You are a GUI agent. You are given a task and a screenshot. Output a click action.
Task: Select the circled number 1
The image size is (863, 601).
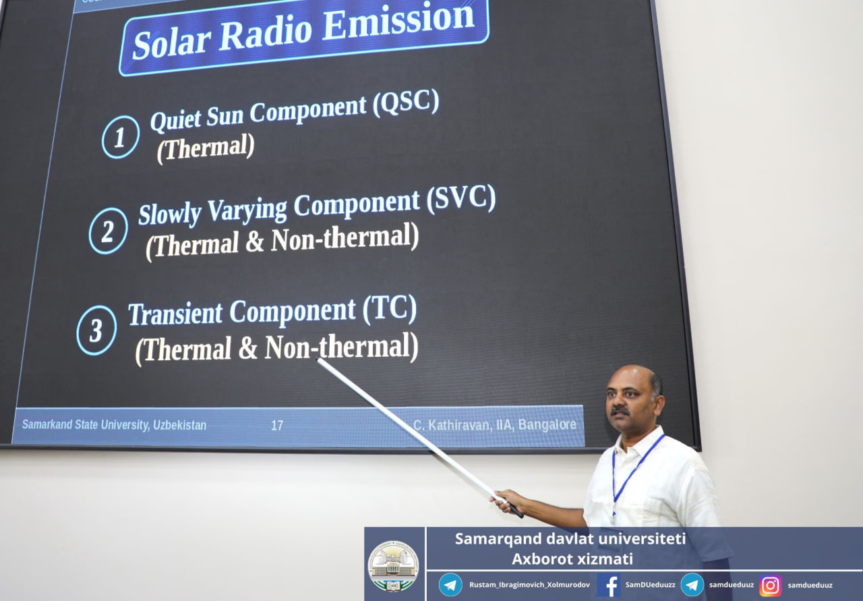(121, 137)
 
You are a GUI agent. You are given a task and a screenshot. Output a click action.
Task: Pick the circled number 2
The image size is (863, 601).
(109, 231)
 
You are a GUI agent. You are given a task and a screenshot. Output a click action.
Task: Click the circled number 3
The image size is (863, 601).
(96, 331)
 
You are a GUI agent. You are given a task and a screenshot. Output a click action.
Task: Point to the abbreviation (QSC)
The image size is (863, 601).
(406, 102)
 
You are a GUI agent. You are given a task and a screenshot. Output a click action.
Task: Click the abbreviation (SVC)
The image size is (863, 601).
(460, 199)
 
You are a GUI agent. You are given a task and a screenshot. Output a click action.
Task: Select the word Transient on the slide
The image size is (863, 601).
(175, 314)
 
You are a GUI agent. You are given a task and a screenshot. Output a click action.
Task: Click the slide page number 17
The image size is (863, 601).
(277, 426)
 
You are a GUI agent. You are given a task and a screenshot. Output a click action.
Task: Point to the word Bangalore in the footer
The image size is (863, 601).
(547, 424)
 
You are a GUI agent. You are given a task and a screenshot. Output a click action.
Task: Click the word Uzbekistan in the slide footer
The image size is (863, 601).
(179, 425)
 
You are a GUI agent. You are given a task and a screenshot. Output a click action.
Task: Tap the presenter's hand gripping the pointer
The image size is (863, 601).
(506, 501)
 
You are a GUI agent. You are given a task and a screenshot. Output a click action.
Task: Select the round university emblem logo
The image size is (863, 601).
(393, 566)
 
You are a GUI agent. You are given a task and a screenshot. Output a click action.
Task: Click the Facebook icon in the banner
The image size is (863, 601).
(608, 585)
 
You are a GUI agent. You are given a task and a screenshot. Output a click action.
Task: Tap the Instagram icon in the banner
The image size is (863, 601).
(770, 585)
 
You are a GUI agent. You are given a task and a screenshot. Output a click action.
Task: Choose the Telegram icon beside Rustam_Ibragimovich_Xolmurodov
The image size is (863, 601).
(450, 585)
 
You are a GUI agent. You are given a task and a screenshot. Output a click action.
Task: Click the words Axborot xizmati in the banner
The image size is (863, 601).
(572, 559)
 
